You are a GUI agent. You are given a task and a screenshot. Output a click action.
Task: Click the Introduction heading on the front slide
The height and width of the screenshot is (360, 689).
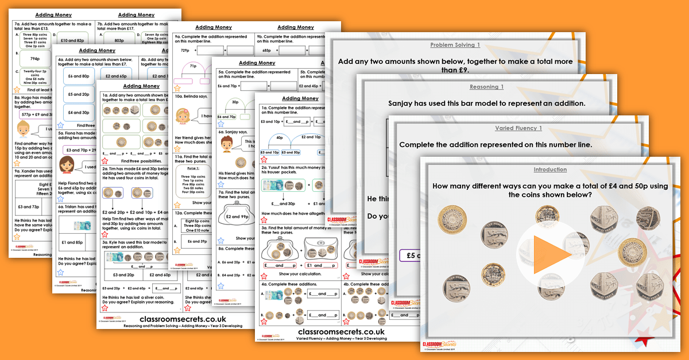coord(550,170)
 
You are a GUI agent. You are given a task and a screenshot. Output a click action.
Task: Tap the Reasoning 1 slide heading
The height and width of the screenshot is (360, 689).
coord(487,87)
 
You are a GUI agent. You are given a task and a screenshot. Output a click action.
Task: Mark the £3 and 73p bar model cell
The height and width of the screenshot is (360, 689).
coord(29,206)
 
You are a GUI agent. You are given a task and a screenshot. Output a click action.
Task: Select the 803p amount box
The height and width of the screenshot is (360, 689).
coord(119,41)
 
